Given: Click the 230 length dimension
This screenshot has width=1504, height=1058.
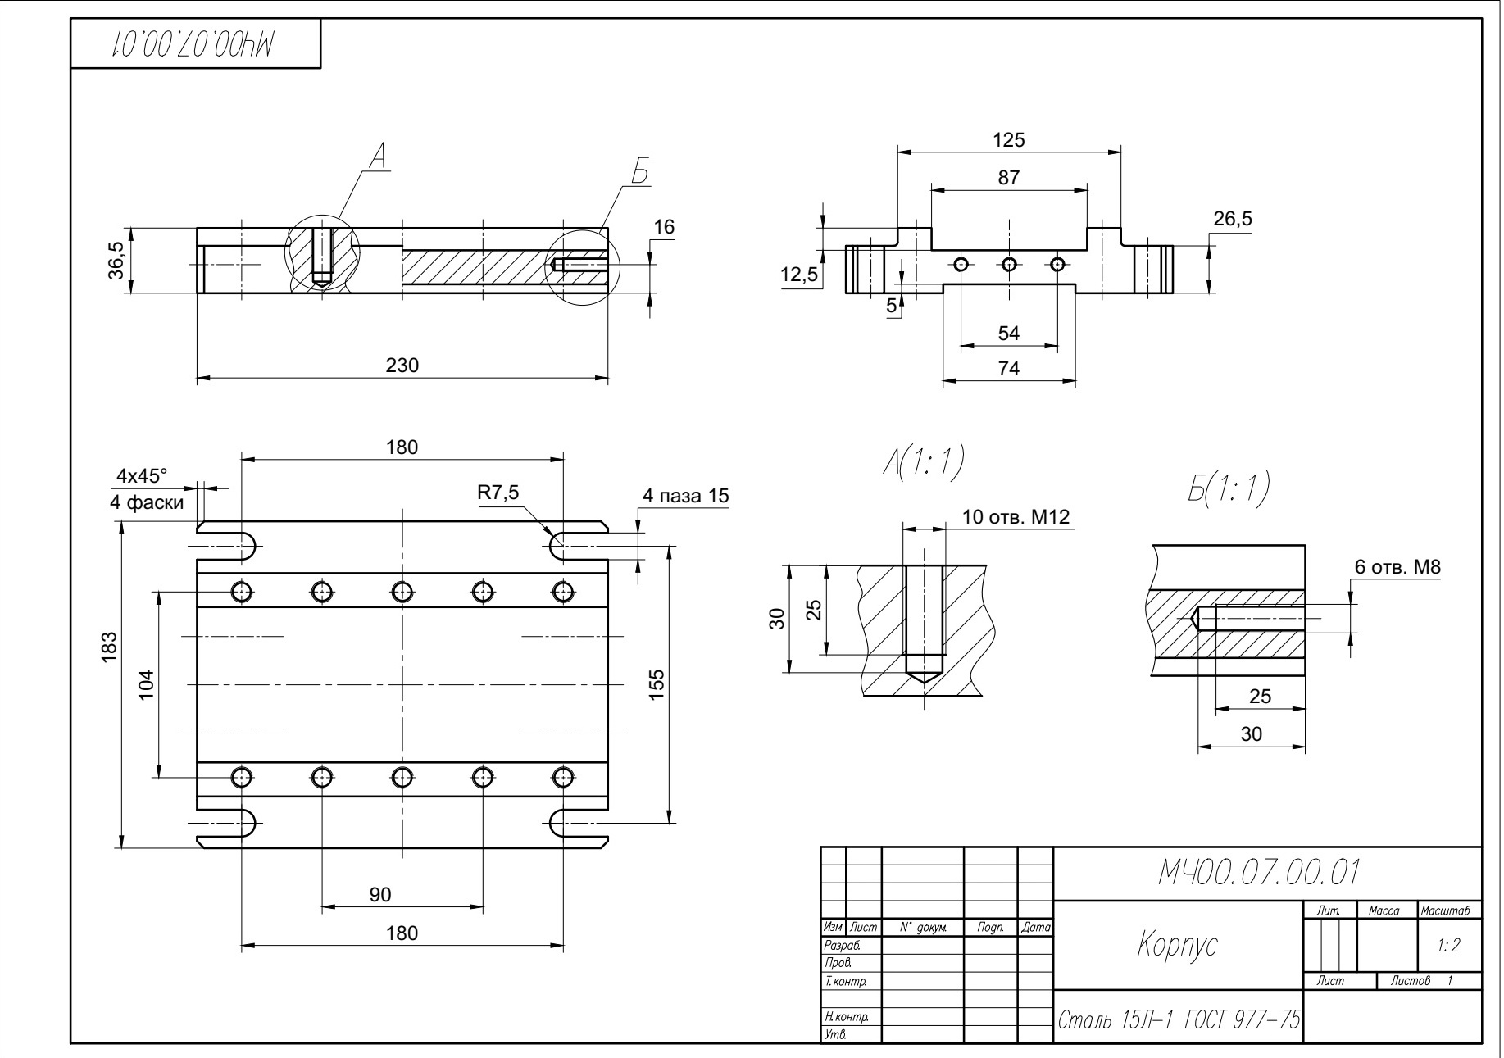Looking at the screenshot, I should (x=402, y=366).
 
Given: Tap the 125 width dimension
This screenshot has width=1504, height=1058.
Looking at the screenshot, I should (x=1008, y=140).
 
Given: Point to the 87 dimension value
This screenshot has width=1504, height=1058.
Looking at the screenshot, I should (x=1008, y=178).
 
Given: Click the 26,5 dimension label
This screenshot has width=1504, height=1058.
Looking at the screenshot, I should (x=1232, y=220).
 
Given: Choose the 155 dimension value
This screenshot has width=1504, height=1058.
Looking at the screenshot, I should (x=657, y=684).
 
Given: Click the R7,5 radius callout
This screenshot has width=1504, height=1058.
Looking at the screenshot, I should (x=498, y=493).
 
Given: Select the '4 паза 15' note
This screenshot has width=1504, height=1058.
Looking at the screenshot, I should (x=685, y=496).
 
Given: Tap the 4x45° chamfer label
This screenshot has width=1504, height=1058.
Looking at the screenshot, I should (x=142, y=475).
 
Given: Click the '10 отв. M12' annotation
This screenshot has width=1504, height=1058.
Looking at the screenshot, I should (x=1016, y=517).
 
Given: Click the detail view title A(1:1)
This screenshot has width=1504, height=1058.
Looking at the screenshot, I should (x=922, y=464).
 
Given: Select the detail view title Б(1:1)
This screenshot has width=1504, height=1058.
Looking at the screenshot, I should (x=1222, y=488).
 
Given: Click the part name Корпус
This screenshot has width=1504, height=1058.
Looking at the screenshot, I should (x=1177, y=945).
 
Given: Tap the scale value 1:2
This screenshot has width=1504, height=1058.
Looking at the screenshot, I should (x=1448, y=945).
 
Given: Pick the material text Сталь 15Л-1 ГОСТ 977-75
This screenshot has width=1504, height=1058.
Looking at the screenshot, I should (x=1179, y=1020).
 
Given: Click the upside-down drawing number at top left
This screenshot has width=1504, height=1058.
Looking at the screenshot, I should (x=193, y=43).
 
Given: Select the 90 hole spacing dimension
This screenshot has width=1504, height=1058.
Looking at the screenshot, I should (x=379, y=895).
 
